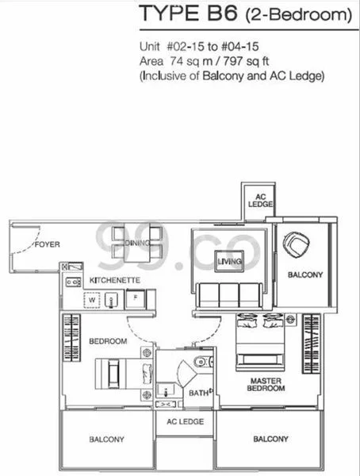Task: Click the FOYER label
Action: (49, 244)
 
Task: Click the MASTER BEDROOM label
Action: (265, 383)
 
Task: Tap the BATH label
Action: (198, 392)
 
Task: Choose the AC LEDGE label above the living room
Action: (259, 199)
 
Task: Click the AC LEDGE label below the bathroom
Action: (185, 421)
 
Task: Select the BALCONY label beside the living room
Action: (304, 274)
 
